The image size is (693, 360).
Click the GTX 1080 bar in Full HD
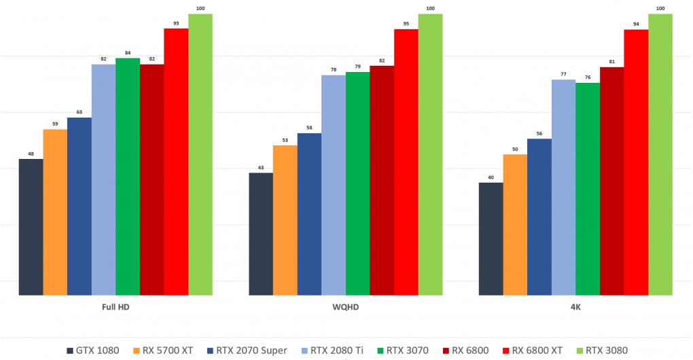tap(31, 227)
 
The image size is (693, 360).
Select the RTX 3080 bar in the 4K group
tap(660, 155)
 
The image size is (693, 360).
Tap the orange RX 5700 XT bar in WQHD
tap(285, 220)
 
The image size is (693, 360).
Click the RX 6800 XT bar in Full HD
tap(176, 162)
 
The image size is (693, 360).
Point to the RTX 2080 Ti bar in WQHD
tap(333, 185)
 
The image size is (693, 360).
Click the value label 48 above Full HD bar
tap(31, 154)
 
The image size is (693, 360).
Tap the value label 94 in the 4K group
tap(636, 24)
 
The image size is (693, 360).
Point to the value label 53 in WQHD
tap(285, 140)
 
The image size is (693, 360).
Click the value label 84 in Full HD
tap(128, 52)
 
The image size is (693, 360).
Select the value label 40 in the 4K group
tap(491, 177)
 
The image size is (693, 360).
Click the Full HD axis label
tap(115, 308)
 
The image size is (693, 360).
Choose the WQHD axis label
tap(345, 308)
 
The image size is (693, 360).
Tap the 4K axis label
tap(575, 308)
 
